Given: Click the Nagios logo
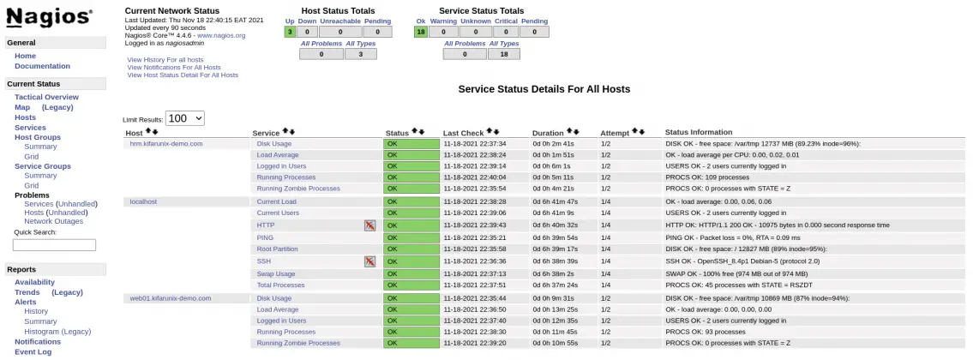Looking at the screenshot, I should [49, 17].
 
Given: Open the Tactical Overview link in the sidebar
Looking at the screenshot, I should [46, 97].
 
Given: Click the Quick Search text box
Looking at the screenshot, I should [54, 244].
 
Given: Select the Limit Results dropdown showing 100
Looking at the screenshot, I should [185, 118].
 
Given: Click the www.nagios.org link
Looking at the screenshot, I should [221, 35].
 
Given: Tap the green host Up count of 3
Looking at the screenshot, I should [290, 32].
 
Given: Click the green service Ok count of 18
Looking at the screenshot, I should [420, 32].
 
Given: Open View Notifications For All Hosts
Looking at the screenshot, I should [173, 67].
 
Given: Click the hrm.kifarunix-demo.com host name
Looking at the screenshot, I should [166, 143].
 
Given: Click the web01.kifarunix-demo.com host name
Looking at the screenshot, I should [170, 298].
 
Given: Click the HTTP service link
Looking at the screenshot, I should [266, 225].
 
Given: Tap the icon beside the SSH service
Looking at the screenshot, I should [370, 261].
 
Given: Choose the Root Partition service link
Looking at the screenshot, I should [277, 249].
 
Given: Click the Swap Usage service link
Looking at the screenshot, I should [276, 273].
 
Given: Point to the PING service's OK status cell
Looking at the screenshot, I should [411, 237].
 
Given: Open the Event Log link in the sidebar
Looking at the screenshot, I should [33, 351].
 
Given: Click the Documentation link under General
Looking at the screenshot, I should [42, 66].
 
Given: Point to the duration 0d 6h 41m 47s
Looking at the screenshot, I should [555, 201].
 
